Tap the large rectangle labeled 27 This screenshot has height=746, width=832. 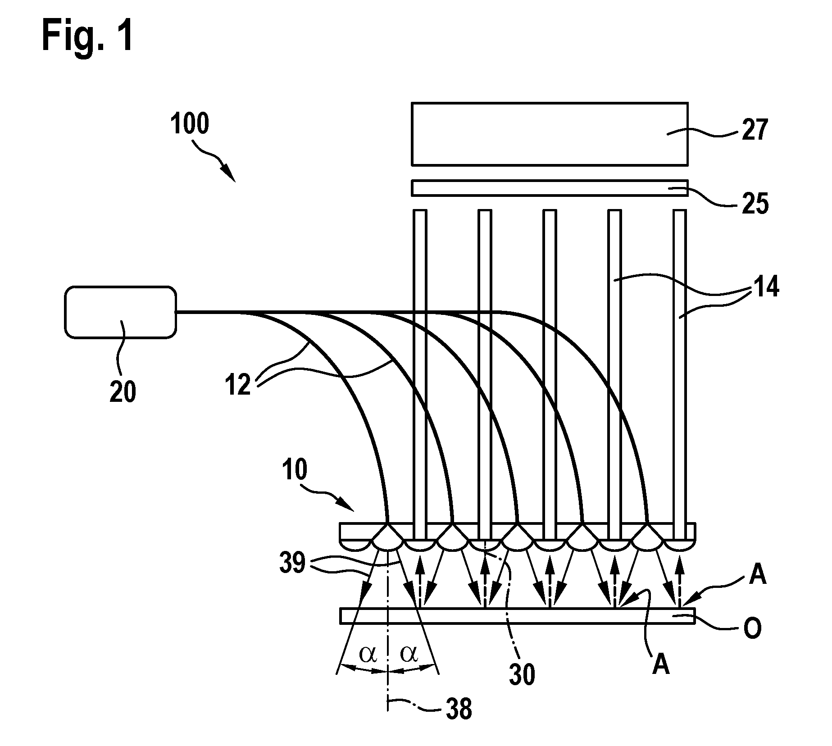(x=550, y=134)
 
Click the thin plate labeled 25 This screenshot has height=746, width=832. (x=550, y=188)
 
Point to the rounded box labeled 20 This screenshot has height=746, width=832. (x=120, y=312)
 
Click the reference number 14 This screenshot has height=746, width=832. (x=766, y=287)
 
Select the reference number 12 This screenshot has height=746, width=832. (x=238, y=385)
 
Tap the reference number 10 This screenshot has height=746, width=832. (x=295, y=469)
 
